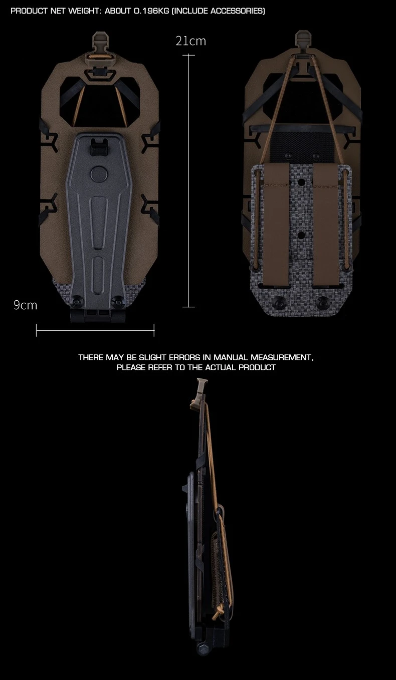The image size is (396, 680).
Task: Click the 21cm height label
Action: pyautogui.click(x=190, y=41)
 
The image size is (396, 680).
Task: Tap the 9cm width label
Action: pyautogui.click(x=25, y=305)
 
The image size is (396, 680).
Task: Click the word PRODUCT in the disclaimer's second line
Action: pyautogui.click(x=257, y=367)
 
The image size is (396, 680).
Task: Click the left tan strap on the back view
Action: pyautogui.click(x=276, y=225)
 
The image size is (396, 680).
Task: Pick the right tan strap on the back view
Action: pyautogui.click(x=326, y=225)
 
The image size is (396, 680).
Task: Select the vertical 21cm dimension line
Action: pyautogui.click(x=189, y=181)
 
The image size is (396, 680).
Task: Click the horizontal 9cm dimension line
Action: pyautogui.click(x=95, y=330)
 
